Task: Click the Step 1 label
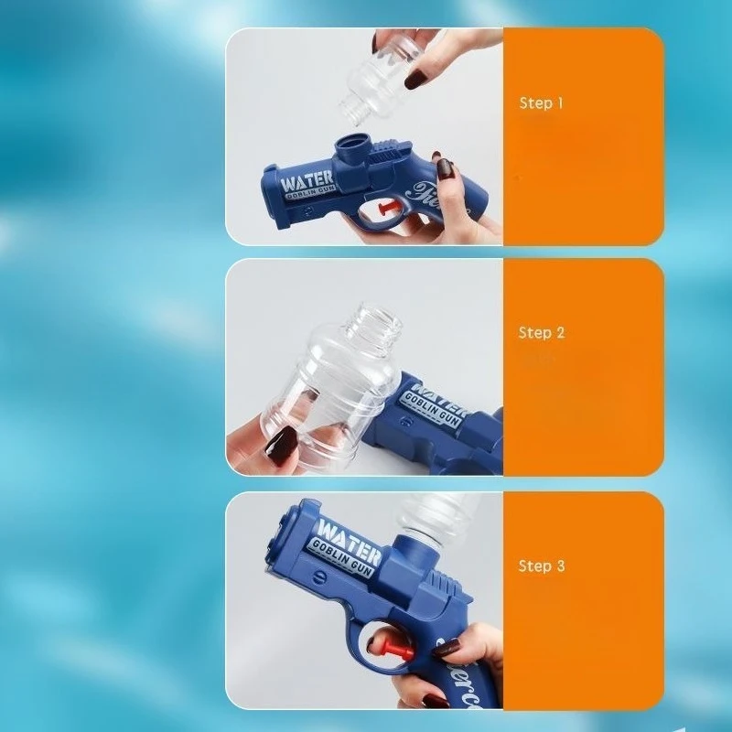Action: click(x=542, y=103)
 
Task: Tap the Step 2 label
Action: click(x=542, y=333)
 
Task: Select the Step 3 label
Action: click(x=542, y=566)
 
